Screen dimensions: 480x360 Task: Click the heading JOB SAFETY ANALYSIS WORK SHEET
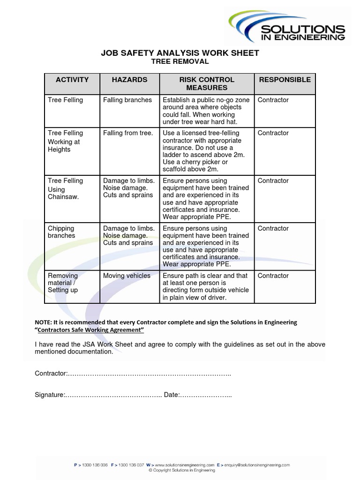[x=180, y=53]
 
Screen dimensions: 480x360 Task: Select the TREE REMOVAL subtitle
[x=180, y=61]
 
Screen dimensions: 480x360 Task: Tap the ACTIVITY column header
[x=72, y=80]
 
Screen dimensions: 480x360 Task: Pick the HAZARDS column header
[x=129, y=80]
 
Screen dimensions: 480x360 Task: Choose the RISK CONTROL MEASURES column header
[x=206, y=83]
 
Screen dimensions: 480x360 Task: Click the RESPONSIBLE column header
[x=285, y=80]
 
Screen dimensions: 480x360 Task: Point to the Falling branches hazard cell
[x=127, y=100]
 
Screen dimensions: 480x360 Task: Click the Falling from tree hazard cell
[x=128, y=133]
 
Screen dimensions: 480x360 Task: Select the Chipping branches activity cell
[x=61, y=232]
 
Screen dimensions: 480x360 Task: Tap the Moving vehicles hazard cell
[x=127, y=276]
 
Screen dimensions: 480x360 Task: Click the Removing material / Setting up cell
[x=63, y=283]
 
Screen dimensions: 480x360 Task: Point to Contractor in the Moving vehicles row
[x=273, y=276]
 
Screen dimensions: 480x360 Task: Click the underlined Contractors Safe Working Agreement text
[x=90, y=330]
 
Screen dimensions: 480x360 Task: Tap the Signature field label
[x=49, y=395]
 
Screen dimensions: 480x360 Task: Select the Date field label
[x=172, y=395]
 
